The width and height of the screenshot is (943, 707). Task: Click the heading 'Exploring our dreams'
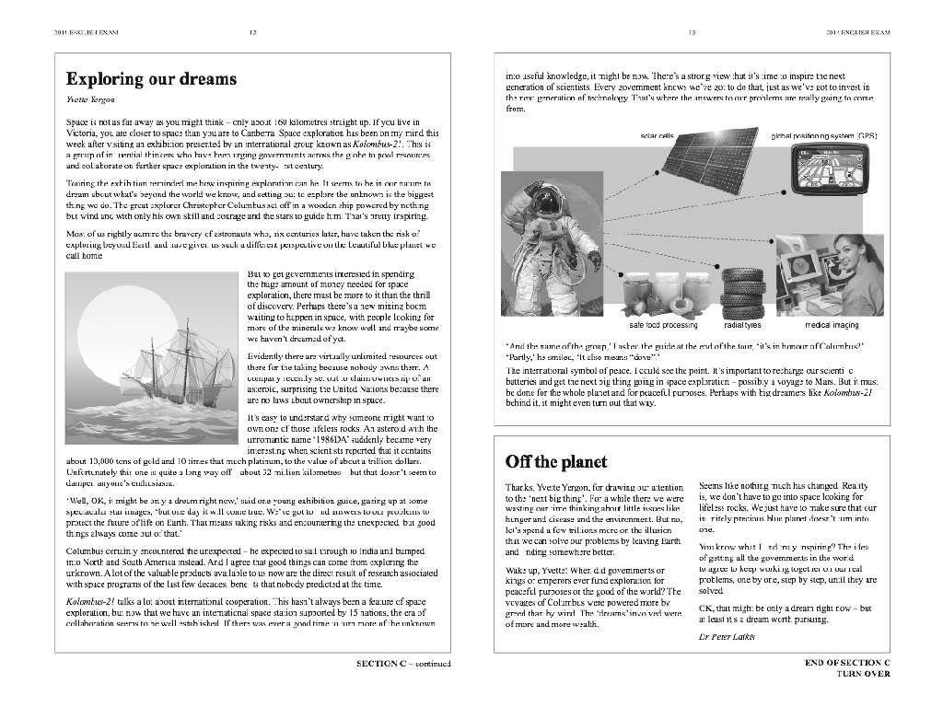(151, 79)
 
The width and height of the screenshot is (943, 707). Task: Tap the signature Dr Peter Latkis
(727, 637)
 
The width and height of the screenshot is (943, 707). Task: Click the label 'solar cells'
(657, 135)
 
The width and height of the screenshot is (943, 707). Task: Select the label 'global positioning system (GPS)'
(823, 135)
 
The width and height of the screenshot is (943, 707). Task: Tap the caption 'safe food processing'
(663, 325)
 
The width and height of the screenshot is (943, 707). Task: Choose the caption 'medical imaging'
(832, 325)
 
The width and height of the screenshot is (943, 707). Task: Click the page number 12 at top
(253, 33)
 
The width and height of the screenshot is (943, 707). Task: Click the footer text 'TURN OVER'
(863, 674)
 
